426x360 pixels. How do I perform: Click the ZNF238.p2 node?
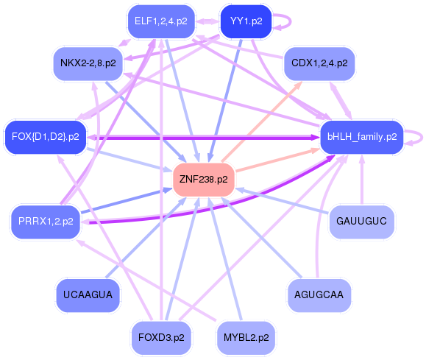(x=204, y=180)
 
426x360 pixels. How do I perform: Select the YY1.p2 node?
(x=246, y=21)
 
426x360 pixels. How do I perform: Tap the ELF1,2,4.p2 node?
(x=161, y=21)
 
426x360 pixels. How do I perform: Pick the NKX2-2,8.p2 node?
(x=88, y=63)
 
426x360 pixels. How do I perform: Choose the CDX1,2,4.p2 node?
(x=319, y=63)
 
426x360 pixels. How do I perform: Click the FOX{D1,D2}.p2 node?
(x=46, y=137)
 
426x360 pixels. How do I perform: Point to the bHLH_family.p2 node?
(x=362, y=137)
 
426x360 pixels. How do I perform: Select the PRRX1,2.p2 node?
(x=46, y=222)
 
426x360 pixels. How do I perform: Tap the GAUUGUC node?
(x=361, y=222)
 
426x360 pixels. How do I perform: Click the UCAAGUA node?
(x=88, y=294)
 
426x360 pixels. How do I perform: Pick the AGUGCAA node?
(x=319, y=294)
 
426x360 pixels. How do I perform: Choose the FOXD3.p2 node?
(x=161, y=338)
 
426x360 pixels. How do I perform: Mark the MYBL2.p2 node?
(x=246, y=338)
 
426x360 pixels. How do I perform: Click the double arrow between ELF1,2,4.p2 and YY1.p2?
(x=207, y=21)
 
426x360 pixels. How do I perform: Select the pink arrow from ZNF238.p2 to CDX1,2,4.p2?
(x=262, y=121)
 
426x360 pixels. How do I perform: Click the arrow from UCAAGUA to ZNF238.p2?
(x=146, y=238)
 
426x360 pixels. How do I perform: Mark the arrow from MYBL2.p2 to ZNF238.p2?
(x=225, y=258)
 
